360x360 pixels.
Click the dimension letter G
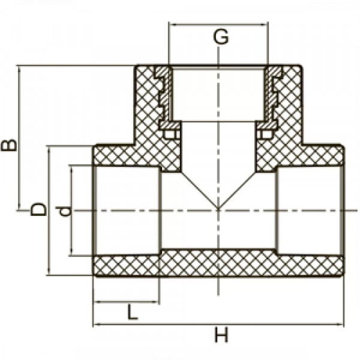coord(221,37)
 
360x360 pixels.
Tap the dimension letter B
coord(9,145)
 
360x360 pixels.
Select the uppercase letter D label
coord(38,209)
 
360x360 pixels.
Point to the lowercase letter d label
coord(62,211)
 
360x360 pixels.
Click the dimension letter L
coord(133,312)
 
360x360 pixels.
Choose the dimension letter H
coord(221,335)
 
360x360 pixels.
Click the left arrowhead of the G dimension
coord(172,24)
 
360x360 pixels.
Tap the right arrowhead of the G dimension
coord(265,24)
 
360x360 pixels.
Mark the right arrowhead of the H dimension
coord(340,325)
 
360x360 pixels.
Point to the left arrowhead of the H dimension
coord(97,325)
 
